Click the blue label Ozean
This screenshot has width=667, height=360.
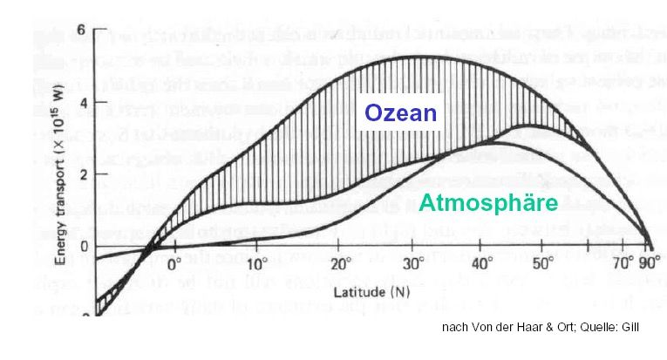pyautogui.click(x=400, y=113)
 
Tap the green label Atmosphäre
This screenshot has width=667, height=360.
pyautogui.click(x=487, y=204)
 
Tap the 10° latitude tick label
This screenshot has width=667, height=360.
pyautogui.click(x=257, y=262)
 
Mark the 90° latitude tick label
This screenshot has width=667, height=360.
pyautogui.click(x=646, y=262)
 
